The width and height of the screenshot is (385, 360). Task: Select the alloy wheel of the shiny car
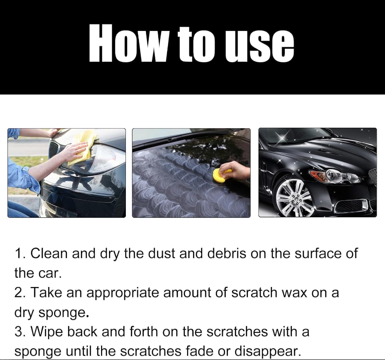point(295,198)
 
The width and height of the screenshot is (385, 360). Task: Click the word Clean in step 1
point(49,253)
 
